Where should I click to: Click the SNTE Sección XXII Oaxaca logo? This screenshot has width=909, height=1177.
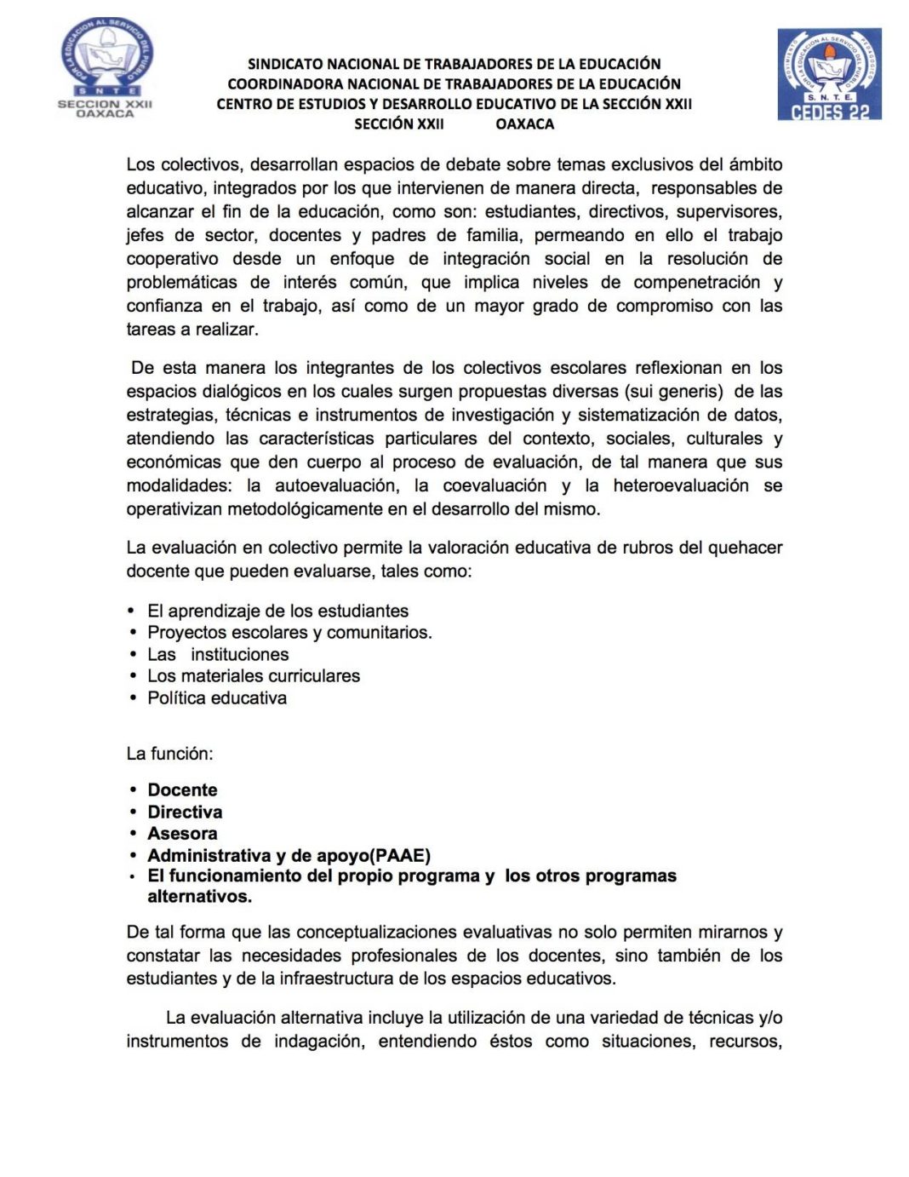(105, 68)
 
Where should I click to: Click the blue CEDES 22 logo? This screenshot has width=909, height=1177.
(829, 74)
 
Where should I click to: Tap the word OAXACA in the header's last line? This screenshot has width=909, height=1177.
(524, 123)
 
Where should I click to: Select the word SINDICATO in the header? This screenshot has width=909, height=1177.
(286, 64)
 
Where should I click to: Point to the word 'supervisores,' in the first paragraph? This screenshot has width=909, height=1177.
(729, 211)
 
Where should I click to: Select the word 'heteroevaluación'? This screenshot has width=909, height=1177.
(681, 485)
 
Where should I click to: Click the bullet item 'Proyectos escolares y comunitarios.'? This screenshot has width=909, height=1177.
(289, 633)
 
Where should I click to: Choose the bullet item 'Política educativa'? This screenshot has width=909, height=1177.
(217, 698)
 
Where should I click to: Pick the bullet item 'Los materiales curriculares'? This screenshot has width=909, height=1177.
(254, 676)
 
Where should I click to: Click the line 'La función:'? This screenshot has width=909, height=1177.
(170, 754)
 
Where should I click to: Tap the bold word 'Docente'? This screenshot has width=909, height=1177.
(182, 790)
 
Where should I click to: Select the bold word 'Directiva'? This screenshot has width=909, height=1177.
(185, 812)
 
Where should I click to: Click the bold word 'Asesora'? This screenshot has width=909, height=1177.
(182, 834)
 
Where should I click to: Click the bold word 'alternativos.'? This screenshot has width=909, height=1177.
(199, 897)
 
